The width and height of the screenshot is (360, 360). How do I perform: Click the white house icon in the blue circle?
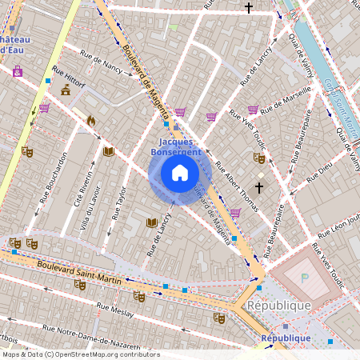click(x=180, y=173)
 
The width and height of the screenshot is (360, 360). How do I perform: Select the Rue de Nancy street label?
click(x=101, y=62)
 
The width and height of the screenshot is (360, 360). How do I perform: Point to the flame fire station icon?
click(x=91, y=122)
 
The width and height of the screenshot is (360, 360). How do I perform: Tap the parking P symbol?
click(x=304, y=277)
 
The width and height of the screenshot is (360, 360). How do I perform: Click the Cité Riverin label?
click(x=79, y=186)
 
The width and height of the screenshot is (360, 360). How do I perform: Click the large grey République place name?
click(x=278, y=306)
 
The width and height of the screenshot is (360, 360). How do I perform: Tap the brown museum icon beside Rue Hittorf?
click(x=65, y=90)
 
